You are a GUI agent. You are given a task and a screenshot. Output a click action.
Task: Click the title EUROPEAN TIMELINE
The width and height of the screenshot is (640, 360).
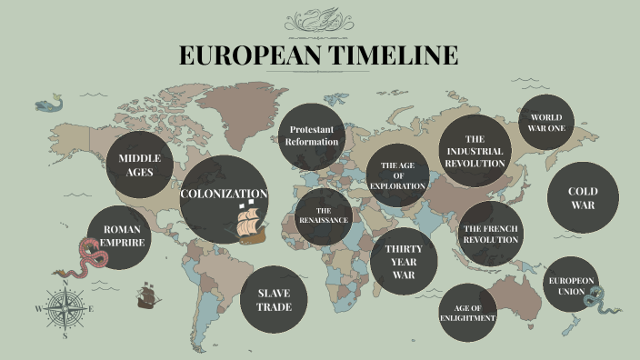tap(319, 55)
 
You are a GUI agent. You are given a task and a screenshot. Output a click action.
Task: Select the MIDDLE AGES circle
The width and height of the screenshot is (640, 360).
tap(140, 165)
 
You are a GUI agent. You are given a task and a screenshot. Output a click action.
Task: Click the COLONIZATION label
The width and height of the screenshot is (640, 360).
tap(224, 194)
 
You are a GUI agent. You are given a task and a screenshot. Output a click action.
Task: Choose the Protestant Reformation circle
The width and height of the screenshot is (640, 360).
tap(311, 135)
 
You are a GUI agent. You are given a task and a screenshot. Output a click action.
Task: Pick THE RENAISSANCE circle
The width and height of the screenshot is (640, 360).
tap(322, 216)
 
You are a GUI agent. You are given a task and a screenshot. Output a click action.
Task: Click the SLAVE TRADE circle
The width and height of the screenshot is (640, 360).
tap(274, 300)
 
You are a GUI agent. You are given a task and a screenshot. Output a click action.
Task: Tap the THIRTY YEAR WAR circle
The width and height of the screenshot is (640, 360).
tap(404, 262)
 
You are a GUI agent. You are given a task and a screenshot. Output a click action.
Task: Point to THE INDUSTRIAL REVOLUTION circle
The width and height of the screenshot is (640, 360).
tap(475, 150)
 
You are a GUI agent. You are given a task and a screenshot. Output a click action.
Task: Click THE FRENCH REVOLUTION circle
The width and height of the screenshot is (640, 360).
tap(490, 234)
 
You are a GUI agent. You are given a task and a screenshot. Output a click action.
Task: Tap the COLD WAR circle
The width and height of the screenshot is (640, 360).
tap(583, 198)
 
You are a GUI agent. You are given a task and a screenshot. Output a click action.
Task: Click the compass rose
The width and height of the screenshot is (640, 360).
tap(65, 309)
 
